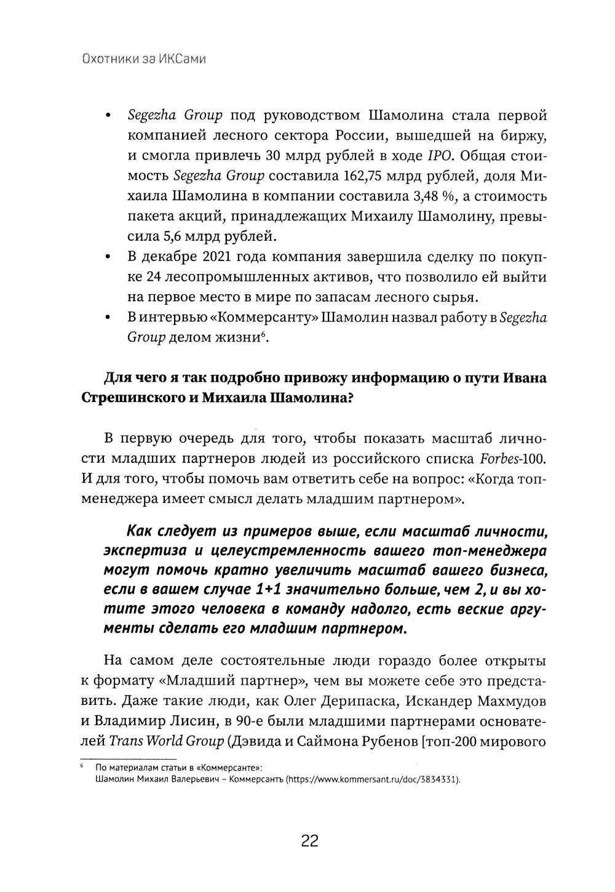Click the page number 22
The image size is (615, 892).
pos(309,841)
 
